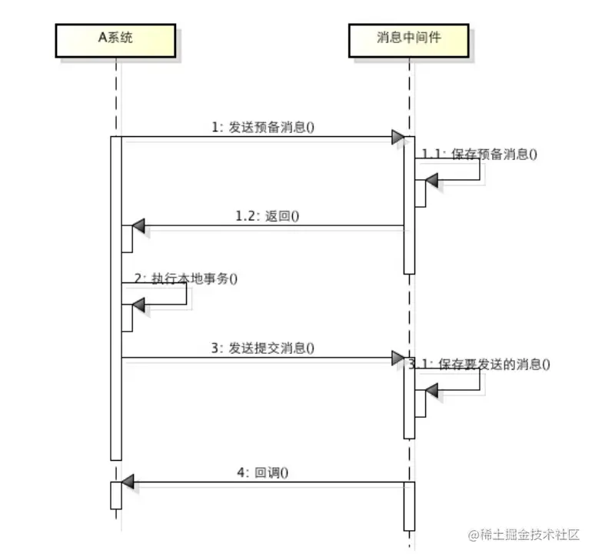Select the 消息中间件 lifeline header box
(409, 38)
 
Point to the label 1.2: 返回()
(267, 216)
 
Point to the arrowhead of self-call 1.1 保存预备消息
(431, 181)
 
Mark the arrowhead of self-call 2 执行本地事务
(138, 305)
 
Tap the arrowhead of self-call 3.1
(431, 392)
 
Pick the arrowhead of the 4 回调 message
(128, 482)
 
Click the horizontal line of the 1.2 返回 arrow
(269, 226)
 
